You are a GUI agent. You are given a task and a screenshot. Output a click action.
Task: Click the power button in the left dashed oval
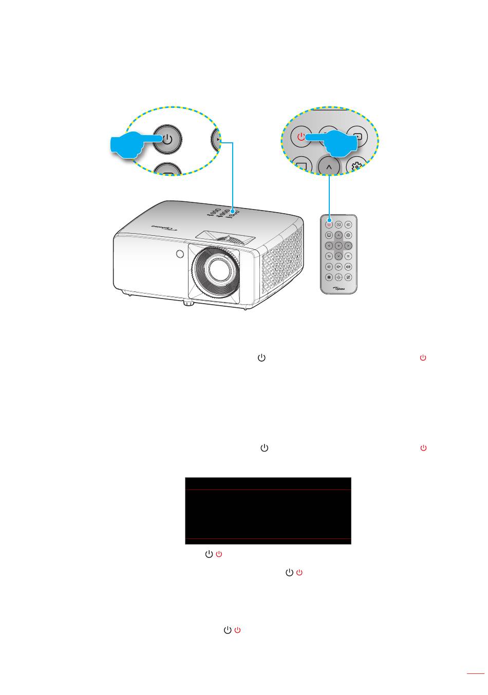tap(167, 138)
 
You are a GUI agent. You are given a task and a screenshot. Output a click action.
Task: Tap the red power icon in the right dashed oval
tap(302, 137)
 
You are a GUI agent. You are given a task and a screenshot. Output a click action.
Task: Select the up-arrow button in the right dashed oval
tap(329, 167)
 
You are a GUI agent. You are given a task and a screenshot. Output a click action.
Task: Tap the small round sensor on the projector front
tap(179, 254)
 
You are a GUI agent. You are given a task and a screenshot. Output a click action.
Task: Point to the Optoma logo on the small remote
tap(339, 288)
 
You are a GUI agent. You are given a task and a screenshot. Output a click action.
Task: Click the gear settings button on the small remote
tap(348, 235)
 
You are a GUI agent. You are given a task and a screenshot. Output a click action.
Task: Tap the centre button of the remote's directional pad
tap(339, 246)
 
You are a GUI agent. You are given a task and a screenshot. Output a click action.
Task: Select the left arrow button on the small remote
tap(329, 246)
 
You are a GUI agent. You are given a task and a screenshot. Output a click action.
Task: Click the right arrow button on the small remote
tap(348, 246)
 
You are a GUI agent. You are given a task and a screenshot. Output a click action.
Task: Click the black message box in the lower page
tap(268, 511)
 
